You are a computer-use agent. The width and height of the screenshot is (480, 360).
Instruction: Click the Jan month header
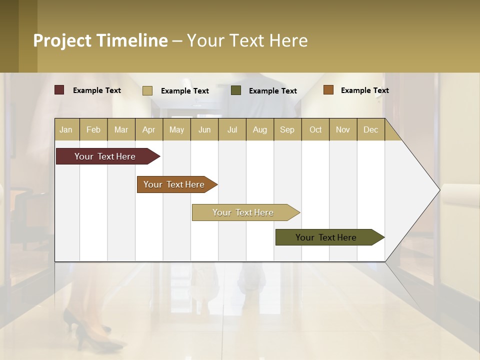point(66,129)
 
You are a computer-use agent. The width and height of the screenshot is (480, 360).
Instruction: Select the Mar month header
point(121,129)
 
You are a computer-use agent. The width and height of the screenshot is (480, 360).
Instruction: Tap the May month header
point(176,129)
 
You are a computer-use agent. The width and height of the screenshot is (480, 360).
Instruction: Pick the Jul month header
point(232,129)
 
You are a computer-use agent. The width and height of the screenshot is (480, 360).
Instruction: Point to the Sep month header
point(287,129)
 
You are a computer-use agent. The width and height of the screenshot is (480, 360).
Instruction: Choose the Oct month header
point(315,129)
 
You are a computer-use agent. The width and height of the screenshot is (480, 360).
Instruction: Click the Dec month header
point(370,129)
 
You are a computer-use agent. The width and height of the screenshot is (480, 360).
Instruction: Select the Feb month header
point(93,129)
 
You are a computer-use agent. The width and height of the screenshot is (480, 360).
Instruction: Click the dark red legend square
point(59,90)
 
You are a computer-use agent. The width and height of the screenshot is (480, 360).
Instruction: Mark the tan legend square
point(147,90)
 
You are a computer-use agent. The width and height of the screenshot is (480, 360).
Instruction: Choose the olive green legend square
point(236,90)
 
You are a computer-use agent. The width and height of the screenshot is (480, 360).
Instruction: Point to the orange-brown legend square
point(328,90)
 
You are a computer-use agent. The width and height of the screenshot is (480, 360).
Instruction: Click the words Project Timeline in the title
point(100,40)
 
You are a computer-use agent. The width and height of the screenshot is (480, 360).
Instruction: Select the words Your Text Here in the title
point(247,40)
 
